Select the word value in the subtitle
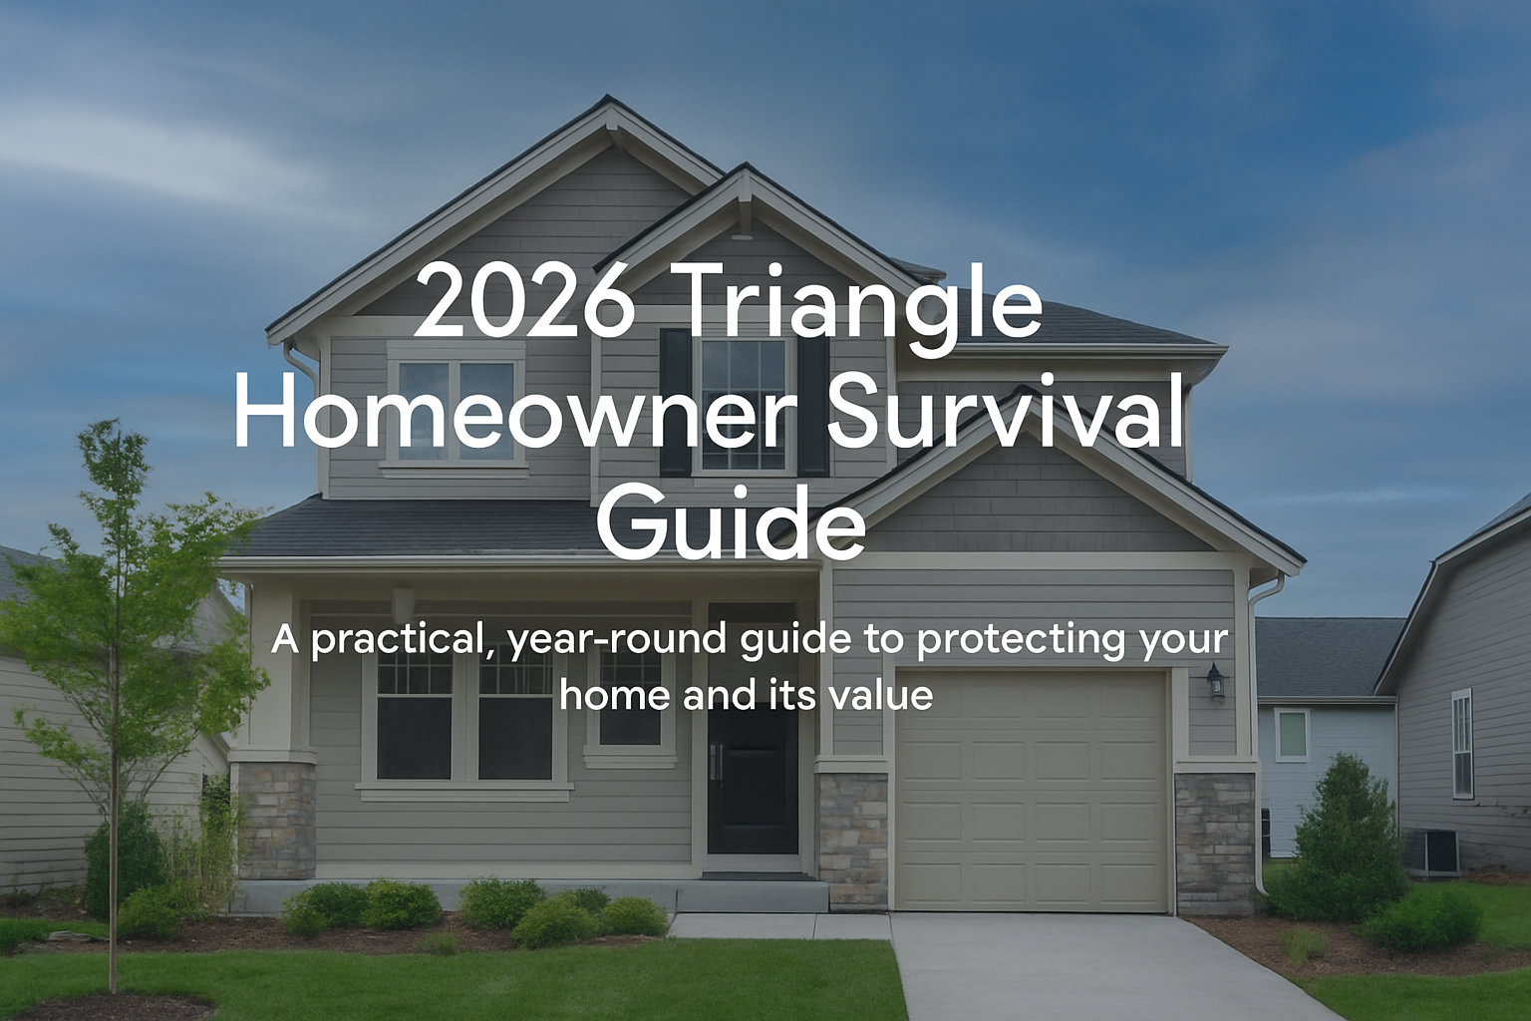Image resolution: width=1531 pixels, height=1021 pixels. (x=881, y=694)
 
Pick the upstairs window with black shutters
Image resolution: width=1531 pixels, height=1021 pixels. (x=744, y=405)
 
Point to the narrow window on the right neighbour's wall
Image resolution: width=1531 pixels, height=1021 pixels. (x=1461, y=744)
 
